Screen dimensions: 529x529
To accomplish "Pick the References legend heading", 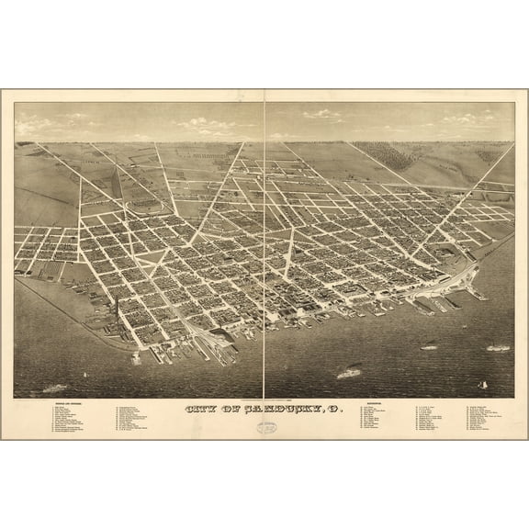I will point(375,403).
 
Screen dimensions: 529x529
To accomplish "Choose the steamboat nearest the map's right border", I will point(498,347).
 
